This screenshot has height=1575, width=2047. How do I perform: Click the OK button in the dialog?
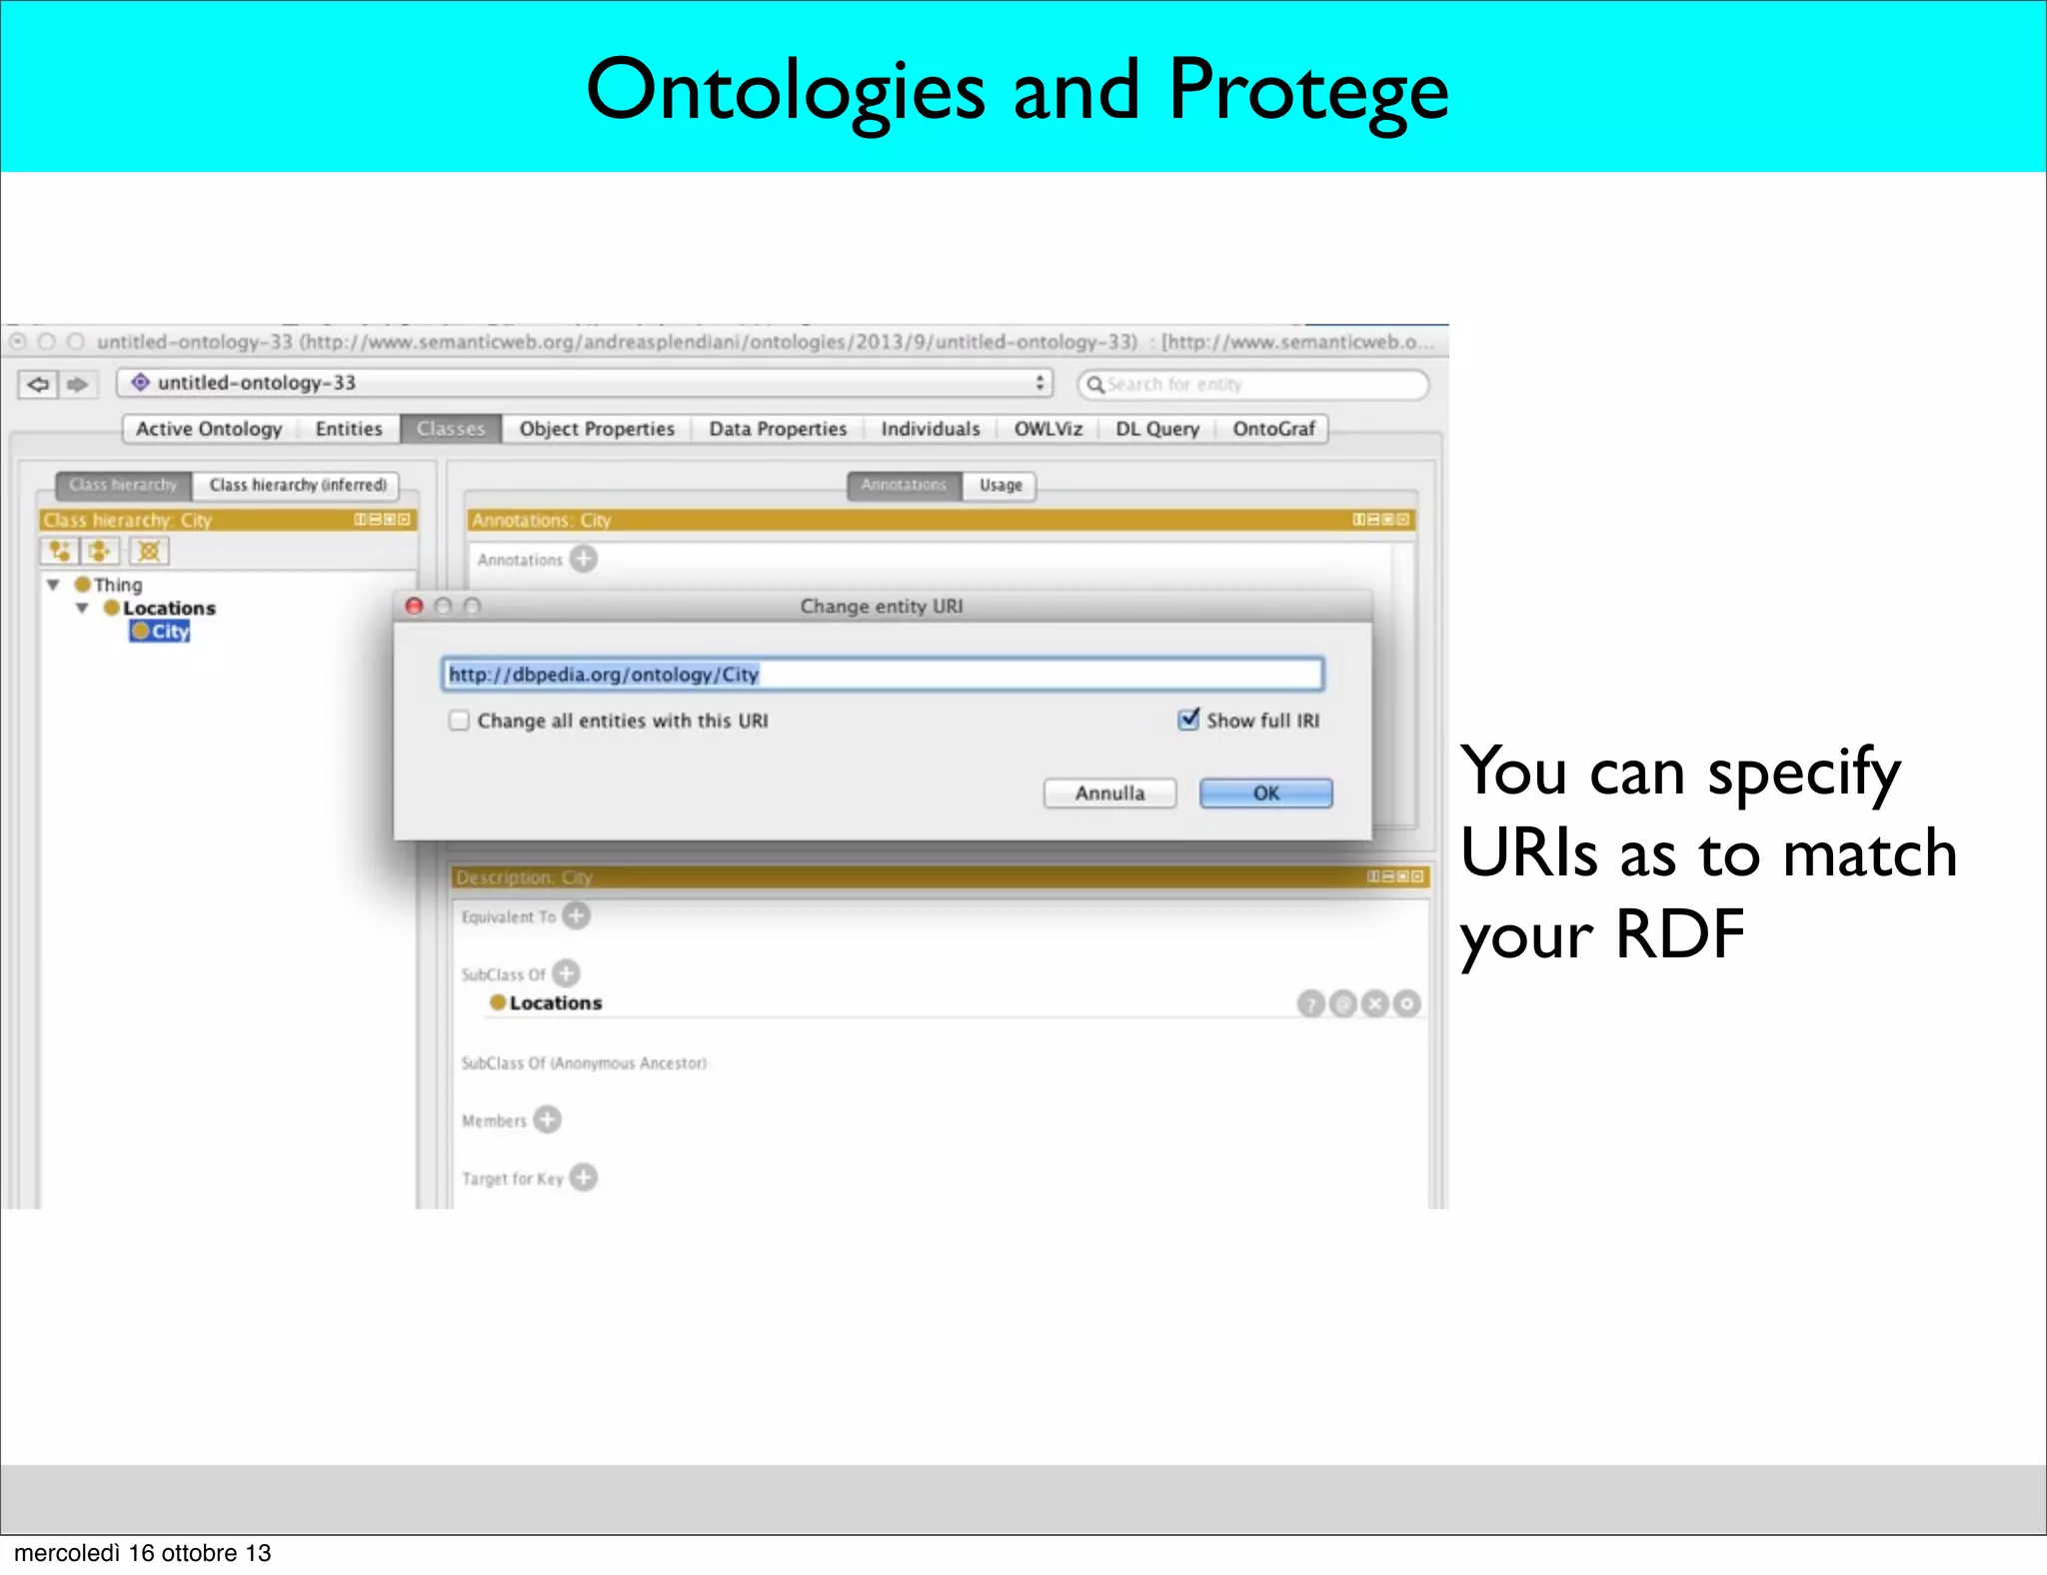(x=1265, y=793)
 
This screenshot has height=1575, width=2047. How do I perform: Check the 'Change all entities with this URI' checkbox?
(x=459, y=721)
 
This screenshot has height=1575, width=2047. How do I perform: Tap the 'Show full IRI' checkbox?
(x=1188, y=720)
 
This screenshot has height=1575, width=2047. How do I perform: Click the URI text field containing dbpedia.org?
(x=882, y=675)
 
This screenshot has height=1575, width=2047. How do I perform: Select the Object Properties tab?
(x=597, y=429)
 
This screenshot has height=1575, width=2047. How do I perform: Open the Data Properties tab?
(x=778, y=429)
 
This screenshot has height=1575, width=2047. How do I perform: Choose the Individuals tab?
(x=930, y=429)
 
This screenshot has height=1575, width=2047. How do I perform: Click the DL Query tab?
(x=1156, y=429)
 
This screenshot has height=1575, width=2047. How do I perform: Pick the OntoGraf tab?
(x=1273, y=429)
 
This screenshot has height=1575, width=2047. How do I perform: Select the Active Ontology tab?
(x=209, y=429)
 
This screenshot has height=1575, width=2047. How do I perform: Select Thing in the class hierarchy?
(x=117, y=585)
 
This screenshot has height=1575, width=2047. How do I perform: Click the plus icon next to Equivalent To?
(x=577, y=915)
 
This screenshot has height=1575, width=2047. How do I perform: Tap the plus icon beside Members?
(x=548, y=1119)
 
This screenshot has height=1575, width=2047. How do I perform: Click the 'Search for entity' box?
(x=1253, y=385)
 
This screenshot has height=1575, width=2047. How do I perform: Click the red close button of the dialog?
(x=415, y=606)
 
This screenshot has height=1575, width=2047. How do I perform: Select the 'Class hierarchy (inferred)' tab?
(x=297, y=485)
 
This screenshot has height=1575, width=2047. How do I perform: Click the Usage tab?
(x=1001, y=485)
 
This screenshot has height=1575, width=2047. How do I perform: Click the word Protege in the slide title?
(x=1307, y=90)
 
